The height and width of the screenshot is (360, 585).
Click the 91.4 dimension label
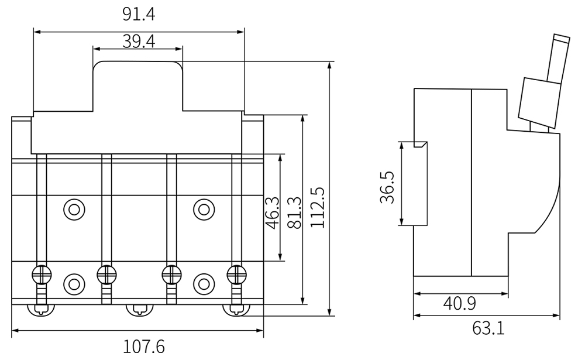pos(139,14)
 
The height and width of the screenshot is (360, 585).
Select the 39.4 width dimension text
pos(139,40)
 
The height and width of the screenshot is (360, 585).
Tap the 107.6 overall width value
pos(144,347)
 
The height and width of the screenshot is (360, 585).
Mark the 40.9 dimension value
pos(459,304)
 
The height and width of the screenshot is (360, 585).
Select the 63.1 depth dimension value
pos(488,328)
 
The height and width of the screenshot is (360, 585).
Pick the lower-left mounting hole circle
pos(74,283)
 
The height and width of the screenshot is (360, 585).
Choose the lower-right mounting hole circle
pos(203,283)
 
